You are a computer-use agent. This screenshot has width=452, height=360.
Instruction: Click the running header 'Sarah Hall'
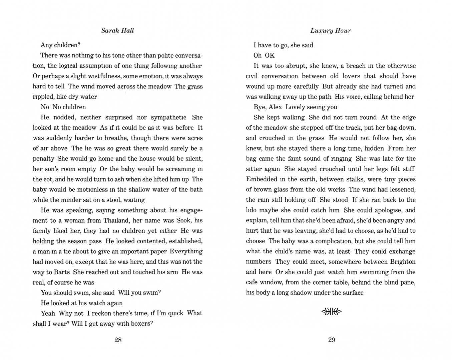(x=117, y=31)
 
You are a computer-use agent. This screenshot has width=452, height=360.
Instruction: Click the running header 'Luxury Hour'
(x=330, y=31)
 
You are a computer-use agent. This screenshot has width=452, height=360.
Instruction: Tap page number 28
(x=118, y=340)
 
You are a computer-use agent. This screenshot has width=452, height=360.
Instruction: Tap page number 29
(x=331, y=340)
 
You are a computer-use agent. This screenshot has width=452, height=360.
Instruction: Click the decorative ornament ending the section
(x=331, y=312)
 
